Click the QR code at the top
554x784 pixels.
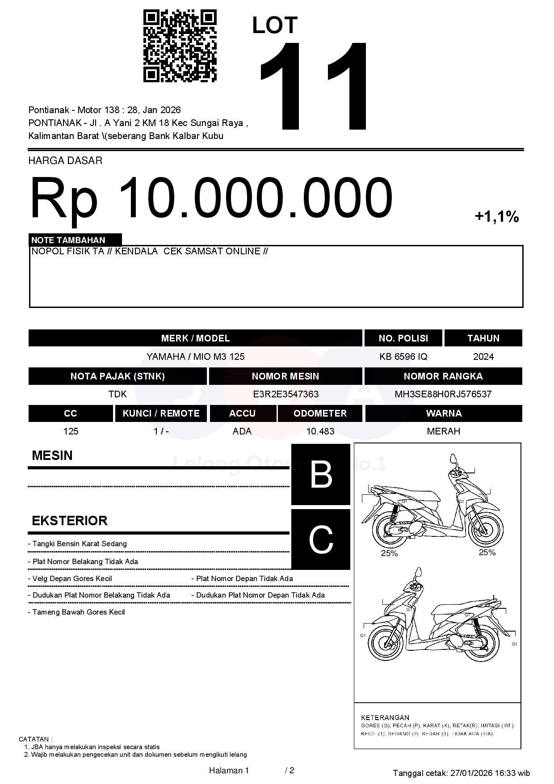point(180,46)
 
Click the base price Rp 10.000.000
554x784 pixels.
point(211,198)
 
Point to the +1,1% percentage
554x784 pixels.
point(496,217)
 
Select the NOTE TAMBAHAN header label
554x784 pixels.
point(68,240)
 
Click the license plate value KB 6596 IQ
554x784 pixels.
point(403,357)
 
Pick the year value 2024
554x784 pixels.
point(483,357)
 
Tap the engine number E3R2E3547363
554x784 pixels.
point(285,394)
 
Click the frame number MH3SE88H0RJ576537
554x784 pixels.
point(443,394)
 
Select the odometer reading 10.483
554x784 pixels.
point(320,431)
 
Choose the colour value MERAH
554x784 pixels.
point(443,431)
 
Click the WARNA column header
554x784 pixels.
point(443,413)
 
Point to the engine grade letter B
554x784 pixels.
point(321,474)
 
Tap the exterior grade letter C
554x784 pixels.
point(321,540)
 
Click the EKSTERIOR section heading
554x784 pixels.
point(70,521)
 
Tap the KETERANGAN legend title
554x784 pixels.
point(385,717)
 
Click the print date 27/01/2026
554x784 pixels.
point(471,773)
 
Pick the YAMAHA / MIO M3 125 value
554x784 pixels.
point(195,357)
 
